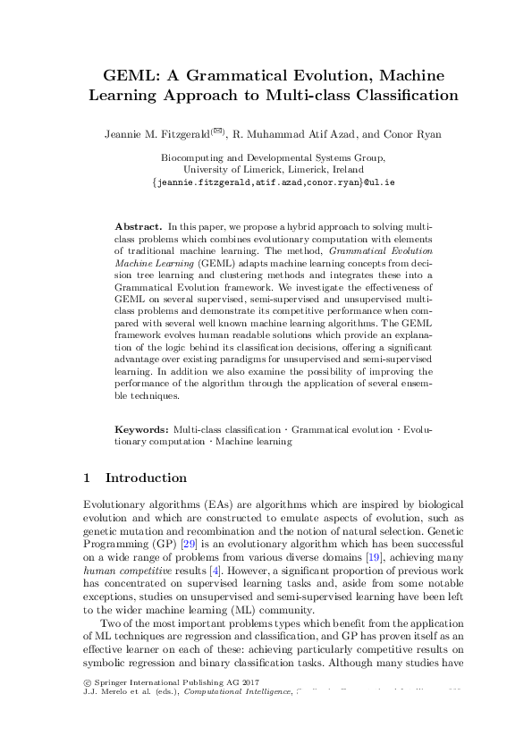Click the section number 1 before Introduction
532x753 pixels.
[x=86, y=478]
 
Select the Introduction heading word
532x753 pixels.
[x=147, y=478]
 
